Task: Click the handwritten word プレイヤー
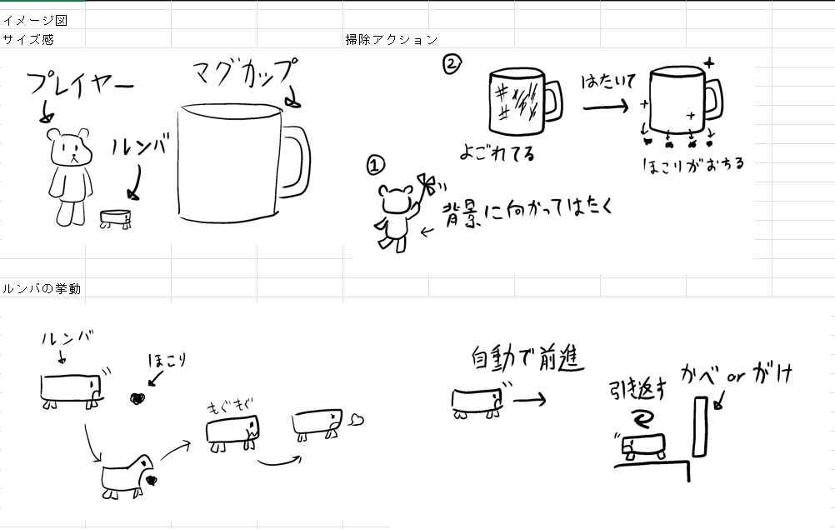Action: pyautogui.click(x=80, y=85)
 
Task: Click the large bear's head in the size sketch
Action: pyautogui.click(x=70, y=147)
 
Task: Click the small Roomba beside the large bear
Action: pyautogui.click(x=116, y=219)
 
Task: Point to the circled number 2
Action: pyautogui.click(x=452, y=64)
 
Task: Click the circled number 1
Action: pyautogui.click(x=376, y=165)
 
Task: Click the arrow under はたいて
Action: pyautogui.click(x=606, y=107)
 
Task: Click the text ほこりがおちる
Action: pyautogui.click(x=692, y=164)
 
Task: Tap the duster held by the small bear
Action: pyautogui.click(x=428, y=185)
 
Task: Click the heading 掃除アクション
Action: pyautogui.click(x=392, y=39)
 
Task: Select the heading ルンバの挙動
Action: pyautogui.click(x=42, y=288)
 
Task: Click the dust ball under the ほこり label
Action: pyautogui.click(x=138, y=398)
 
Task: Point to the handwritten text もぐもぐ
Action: pyautogui.click(x=230, y=407)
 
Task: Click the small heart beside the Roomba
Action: pyautogui.click(x=357, y=420)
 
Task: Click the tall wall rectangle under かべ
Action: pyautogui.click(x=701, y=427)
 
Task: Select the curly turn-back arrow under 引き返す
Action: pyautogui.click(x=642, y=417)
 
